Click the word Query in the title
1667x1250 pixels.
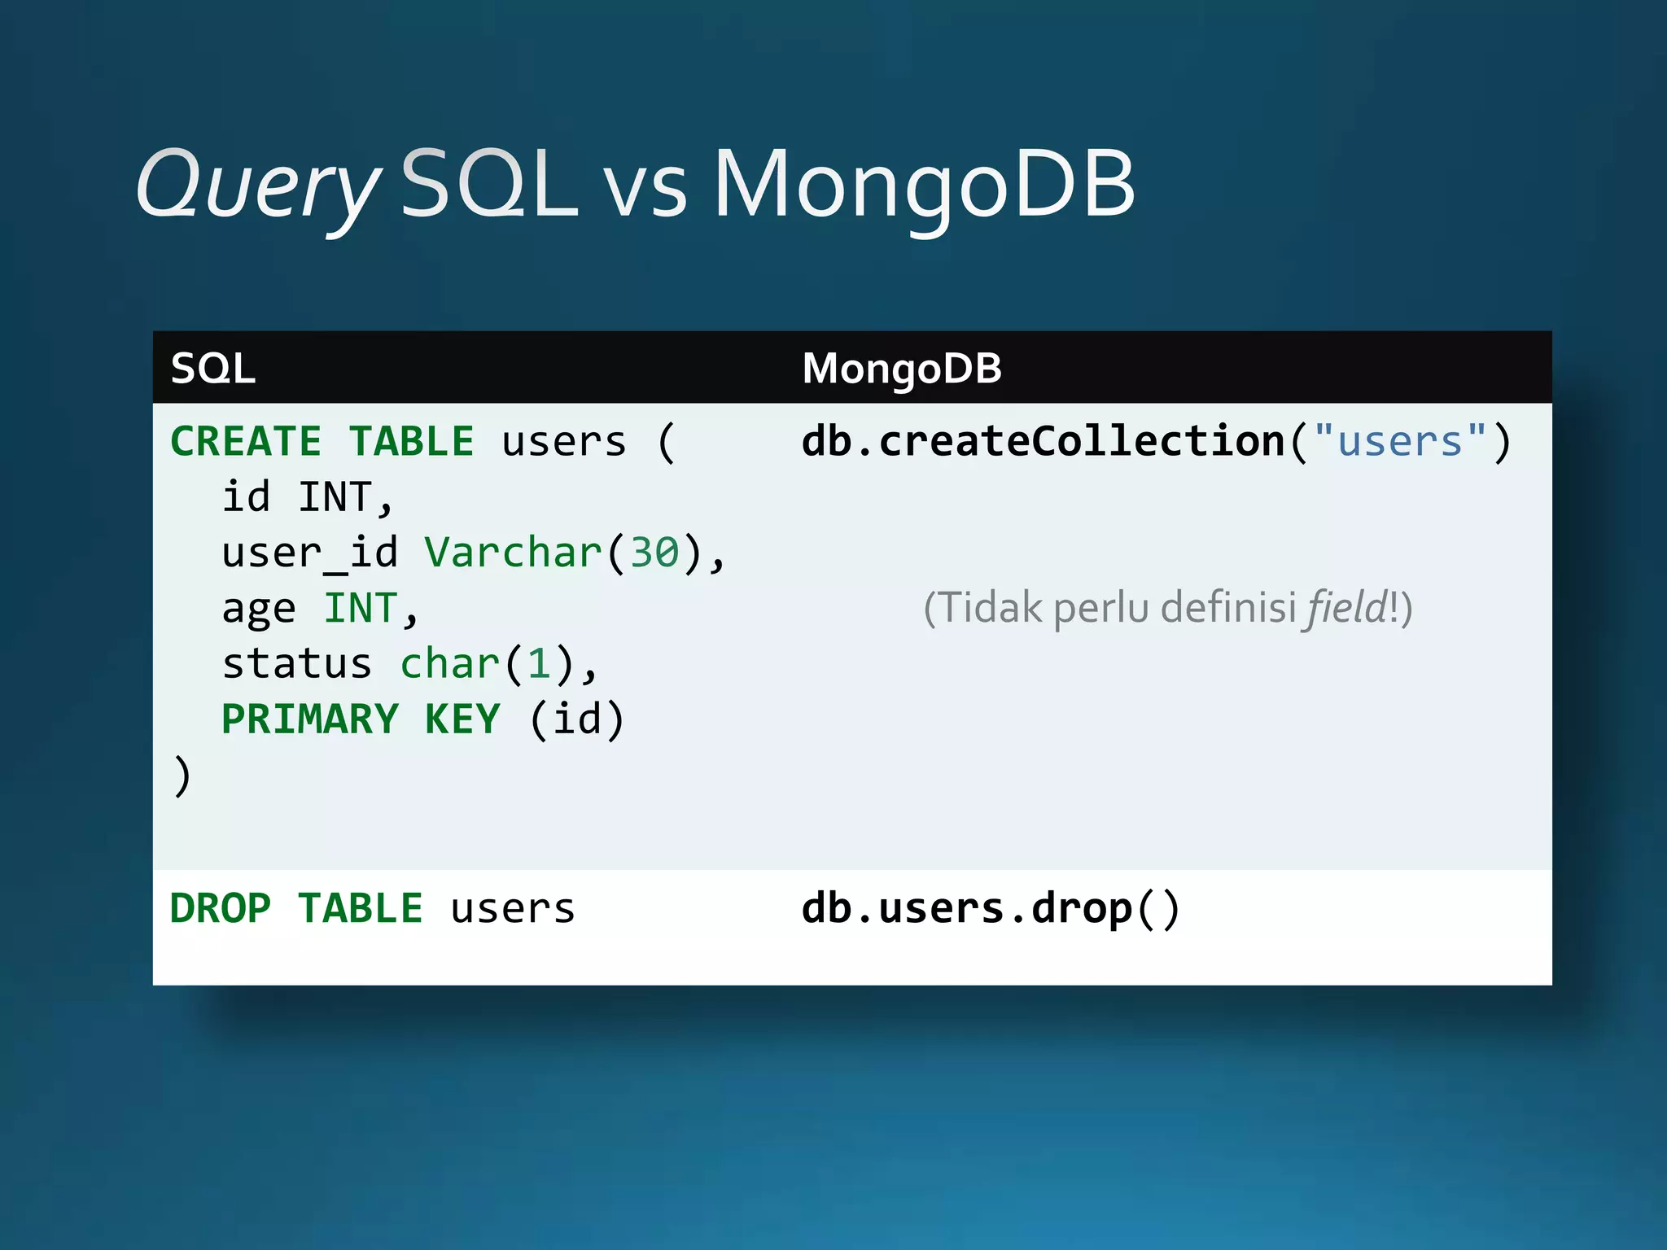257,186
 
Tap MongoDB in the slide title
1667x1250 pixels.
924,186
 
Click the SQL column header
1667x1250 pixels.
213,369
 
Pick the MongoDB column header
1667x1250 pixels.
902,369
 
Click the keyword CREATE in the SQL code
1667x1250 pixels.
246,442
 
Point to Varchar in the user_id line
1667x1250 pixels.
513,553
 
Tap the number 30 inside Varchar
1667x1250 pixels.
654,553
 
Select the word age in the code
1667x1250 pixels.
259,610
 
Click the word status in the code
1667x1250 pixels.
296,664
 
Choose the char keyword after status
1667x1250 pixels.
450,664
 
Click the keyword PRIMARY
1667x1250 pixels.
310,719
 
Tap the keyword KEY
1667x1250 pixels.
462,719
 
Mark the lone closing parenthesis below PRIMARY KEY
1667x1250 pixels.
182,776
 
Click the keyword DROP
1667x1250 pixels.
221,908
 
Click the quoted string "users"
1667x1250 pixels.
1400,442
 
